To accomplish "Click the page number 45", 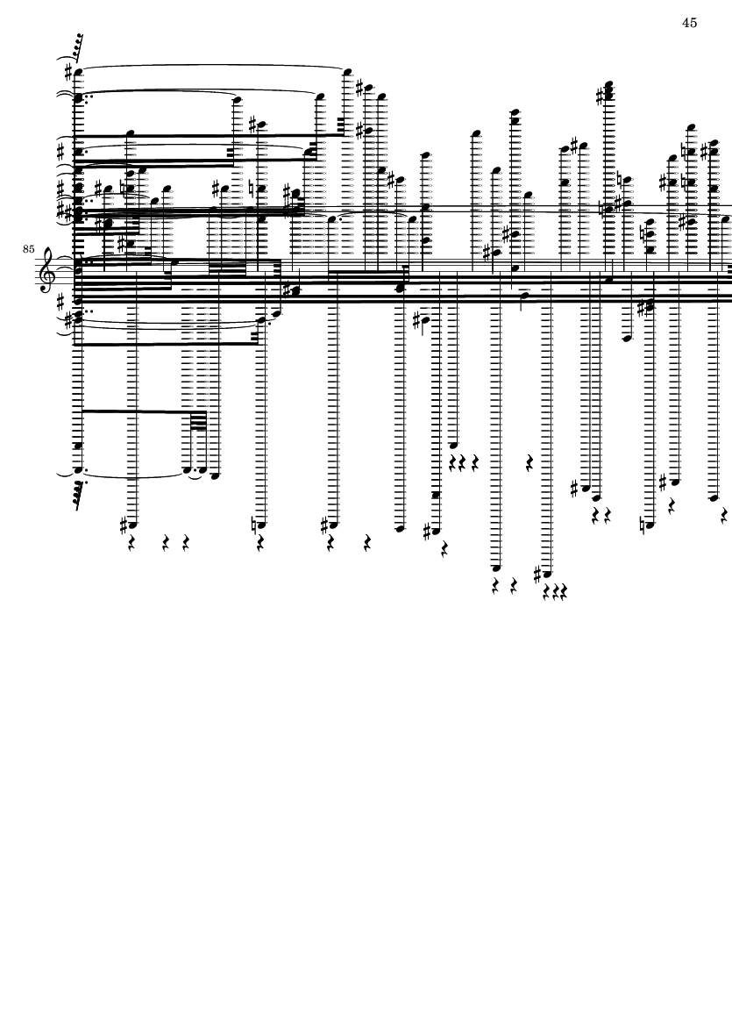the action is (689, 23).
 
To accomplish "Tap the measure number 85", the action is (28, 249).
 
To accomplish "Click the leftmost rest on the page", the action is (131, 545).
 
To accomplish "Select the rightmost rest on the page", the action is (725, 514).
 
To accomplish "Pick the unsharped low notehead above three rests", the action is (453, 446).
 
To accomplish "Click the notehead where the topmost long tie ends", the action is (348, 71).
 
